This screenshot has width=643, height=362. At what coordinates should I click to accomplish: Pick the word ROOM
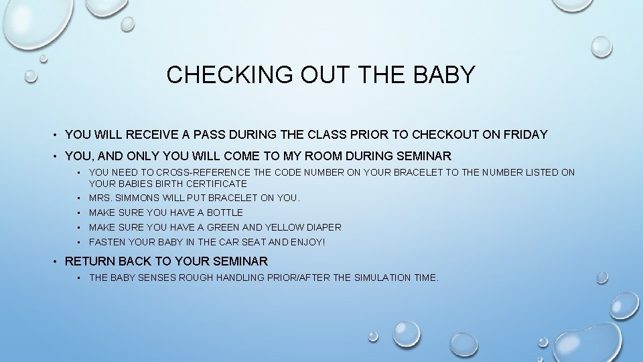pyautogui.click(x=328, y=156)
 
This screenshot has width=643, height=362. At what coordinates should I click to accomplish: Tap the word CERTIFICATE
pyautogui.click(x=216, y=183)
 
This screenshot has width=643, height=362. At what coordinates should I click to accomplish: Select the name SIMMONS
pyautogui.click(x=137, y=198)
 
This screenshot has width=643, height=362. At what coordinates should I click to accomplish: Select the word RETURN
pyautogui.click(x=88, y=261)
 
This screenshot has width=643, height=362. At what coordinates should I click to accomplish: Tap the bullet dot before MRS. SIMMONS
pyautogui.click(x=79, y=198)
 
